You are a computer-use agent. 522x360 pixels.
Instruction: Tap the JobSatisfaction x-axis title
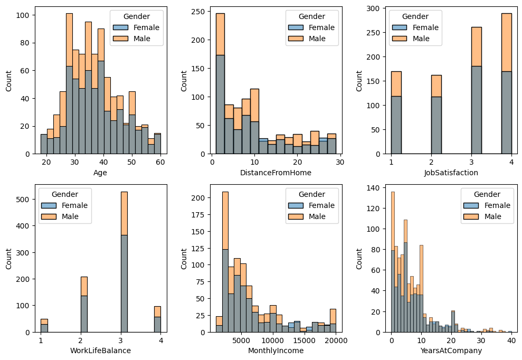[451, 172]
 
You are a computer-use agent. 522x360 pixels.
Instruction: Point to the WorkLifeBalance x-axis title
[100, 350]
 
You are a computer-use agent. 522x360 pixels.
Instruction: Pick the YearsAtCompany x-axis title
[451, 350]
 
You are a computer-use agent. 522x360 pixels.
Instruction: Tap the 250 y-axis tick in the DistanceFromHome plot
[201, 12]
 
